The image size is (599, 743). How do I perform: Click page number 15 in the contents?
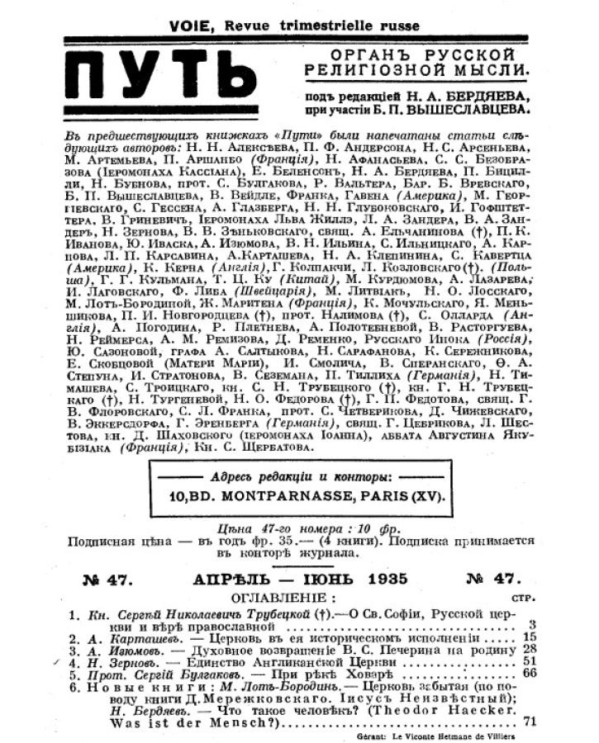pos(528,637)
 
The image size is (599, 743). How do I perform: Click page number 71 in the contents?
pos(529,721)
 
